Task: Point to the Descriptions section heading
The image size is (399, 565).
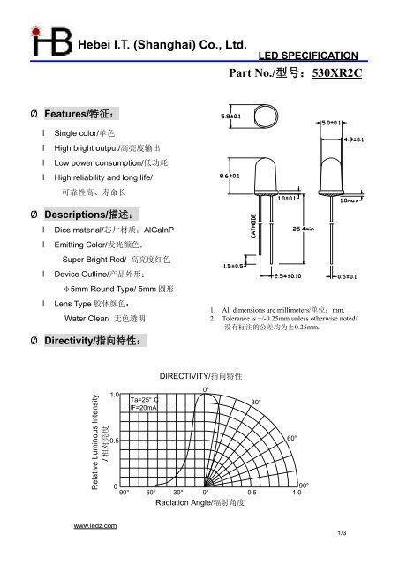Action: pos(87,215)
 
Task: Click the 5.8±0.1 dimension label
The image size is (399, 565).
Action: pos(230,114)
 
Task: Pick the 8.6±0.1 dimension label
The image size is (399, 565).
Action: pos(230,177)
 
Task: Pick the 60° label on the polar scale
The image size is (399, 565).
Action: pos(291,437)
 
